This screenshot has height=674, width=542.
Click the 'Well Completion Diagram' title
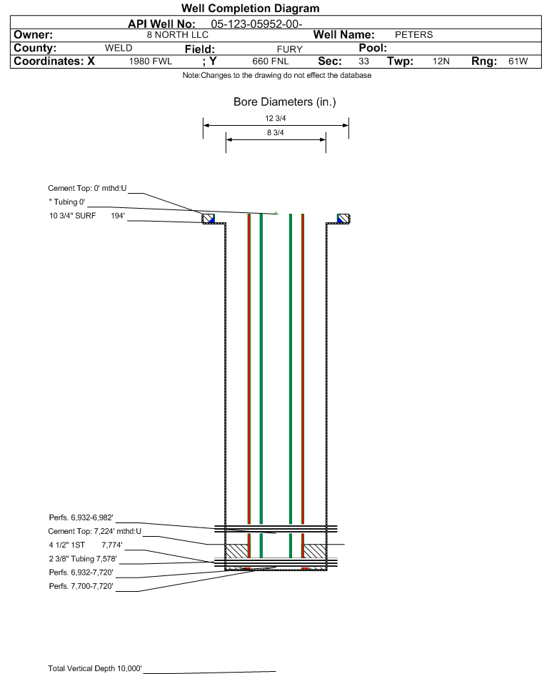click(x=251, y=8)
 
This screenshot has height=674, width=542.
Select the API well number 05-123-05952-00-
click(x=257, y=24)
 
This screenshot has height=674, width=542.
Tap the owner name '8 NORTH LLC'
click(x=177, y=35)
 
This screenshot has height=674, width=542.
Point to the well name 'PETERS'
click(x=413, y=35)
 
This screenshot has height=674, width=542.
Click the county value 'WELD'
click(x=119, y=48)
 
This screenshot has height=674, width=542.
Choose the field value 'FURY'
click(x=289, y=49)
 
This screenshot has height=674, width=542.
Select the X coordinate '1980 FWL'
click(x=150, y=61)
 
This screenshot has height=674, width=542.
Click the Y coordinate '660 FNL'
click(x=271, y=61)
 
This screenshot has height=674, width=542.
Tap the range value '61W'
click(x=518, y=61)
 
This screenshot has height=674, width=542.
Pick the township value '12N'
click(x=441, y=61)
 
